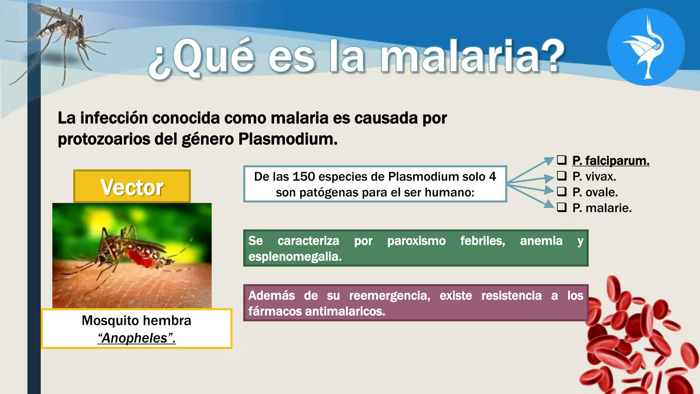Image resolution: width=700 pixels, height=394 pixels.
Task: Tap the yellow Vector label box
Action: (x=132, y=187)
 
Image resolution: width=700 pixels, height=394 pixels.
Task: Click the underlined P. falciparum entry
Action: (x=611, y=160)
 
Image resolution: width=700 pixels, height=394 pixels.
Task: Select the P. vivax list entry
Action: (x=594, y=176)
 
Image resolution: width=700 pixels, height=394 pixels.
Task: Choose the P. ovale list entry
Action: (x=595, y=192)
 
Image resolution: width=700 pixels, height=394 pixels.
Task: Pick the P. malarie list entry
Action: (x=602, y=208)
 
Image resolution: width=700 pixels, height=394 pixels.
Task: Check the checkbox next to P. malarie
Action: (x=562, y=207)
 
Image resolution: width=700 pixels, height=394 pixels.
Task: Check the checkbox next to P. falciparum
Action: (x=562, y=160)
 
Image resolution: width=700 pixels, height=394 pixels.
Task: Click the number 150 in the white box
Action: (x=304, y=177)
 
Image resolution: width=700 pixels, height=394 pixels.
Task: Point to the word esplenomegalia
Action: (x=295, y=257)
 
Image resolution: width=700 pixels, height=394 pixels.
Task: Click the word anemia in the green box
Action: (x=541, y=241)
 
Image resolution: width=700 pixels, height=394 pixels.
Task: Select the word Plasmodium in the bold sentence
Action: (x=287, y=139)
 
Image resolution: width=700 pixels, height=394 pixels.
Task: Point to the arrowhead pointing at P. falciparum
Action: (x=549, y=160)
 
